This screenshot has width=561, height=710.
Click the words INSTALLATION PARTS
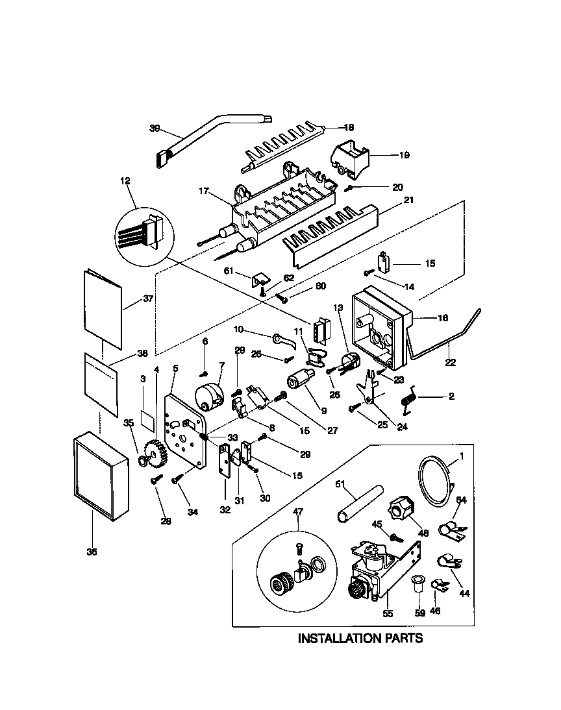pos(360,638)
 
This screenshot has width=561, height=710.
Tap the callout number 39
pos(155,129)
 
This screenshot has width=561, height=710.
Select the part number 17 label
pos(203,191)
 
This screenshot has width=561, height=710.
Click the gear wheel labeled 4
pos(155,450)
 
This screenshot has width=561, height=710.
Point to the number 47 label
pos(299,512)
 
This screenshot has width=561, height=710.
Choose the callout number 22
pos(449,364)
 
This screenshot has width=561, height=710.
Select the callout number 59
pos(419,611)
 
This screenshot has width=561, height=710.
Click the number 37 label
pos(148,300)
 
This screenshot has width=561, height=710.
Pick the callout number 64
pos(461,500)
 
